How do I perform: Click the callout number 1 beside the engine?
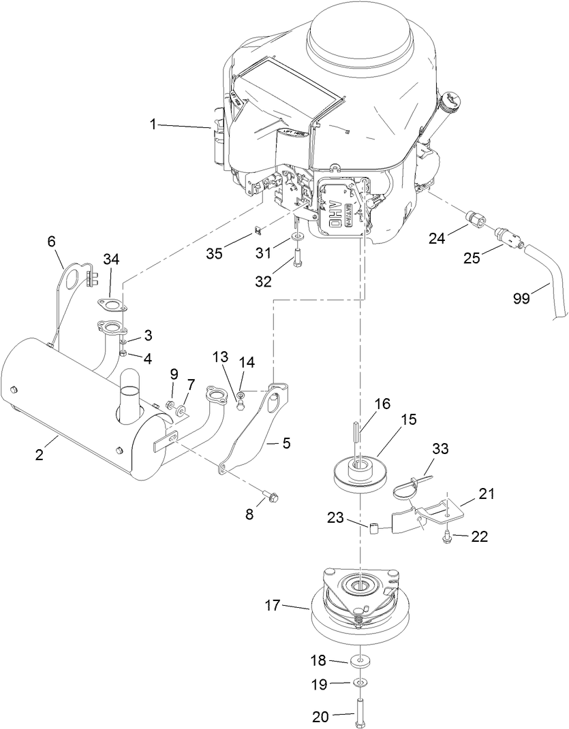click(153, 125)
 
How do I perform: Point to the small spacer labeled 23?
click(375, 528)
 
